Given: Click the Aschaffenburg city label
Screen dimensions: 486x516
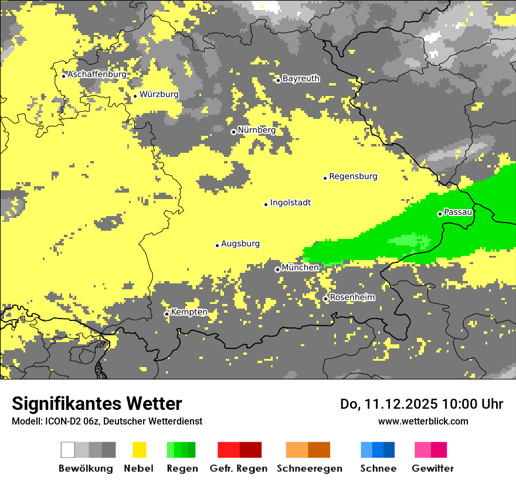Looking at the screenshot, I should click(97, 74).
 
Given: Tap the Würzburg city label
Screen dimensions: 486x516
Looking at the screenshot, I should click(159, 94).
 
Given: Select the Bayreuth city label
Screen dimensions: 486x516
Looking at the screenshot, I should click(301, 78).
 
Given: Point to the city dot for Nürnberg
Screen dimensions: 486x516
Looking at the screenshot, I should click(233, 132).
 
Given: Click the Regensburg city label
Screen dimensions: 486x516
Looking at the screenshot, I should click(353, 176).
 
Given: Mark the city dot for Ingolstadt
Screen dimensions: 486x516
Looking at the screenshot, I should click(266, 204).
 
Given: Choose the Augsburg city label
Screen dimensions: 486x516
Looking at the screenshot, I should click(240, 244).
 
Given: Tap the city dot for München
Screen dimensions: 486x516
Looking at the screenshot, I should click(277, 269).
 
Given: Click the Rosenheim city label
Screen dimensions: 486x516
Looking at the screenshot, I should click(352, 297).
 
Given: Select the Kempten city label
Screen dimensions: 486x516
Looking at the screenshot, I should click(189, 312).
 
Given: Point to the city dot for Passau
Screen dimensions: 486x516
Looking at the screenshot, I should click(440, 214).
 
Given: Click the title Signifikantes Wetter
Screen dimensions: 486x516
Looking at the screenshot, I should click(97, 403).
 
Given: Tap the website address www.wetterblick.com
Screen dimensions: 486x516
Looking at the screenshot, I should click(423, 421).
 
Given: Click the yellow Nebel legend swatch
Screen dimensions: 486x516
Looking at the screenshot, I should click(139, 450).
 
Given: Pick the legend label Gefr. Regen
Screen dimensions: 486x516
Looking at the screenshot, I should click(239, 468).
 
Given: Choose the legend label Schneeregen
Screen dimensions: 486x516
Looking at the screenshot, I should click(310, 468).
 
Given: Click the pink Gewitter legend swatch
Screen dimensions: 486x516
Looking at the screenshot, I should click(423, 450).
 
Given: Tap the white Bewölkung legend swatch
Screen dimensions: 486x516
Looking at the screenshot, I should click(68, 450).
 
